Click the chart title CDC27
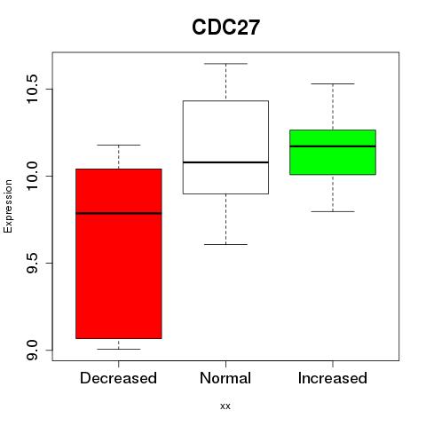coord(225,28)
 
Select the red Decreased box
coord(119,254)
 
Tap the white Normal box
coord(225,147)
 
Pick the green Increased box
coord(333,152)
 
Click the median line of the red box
coord(119,213)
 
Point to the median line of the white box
coord(225,162)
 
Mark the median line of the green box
coord(333,146)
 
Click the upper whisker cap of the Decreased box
coord(119,145)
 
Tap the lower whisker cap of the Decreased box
coord(119,349)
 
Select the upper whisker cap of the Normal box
coord(225,64)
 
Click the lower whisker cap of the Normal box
coord(225,244)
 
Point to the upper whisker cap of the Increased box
coord(333,83)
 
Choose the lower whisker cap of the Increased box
coord(333,211)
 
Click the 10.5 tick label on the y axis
coord(32,89)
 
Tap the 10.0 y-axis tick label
coord(32,176)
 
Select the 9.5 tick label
coord(32,263)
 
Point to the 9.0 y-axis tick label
coord(32,350)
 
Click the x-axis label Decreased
coord(118,378)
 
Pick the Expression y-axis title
coord(8,206)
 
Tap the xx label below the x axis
coord(225,406)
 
